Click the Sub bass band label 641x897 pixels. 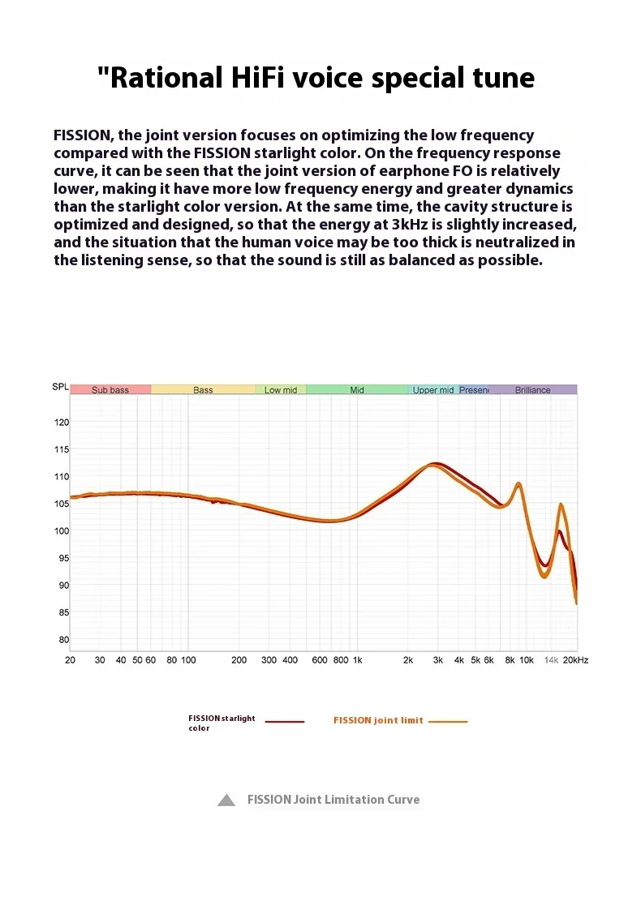click(110, 390)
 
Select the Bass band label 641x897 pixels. click(203, 390)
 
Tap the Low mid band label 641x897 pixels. click(281, 390)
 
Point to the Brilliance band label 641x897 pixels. click(532, 390)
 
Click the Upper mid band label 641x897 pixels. click(433, 390)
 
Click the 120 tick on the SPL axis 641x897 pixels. click(62, 423)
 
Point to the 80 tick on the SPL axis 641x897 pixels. click(62, 640)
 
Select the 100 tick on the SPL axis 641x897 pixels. click(62, 531)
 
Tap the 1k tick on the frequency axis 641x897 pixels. click(357, 660)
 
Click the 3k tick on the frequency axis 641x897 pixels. click(437, 660)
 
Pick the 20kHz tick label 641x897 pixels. click(575, 660)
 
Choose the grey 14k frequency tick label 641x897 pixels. click(551, 660)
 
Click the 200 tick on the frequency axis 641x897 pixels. click(239, 660)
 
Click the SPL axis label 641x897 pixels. click(60, 387)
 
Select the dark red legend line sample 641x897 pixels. click(284, 721)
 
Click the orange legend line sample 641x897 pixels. click(448, 721)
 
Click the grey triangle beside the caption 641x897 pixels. click(226, 800)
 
